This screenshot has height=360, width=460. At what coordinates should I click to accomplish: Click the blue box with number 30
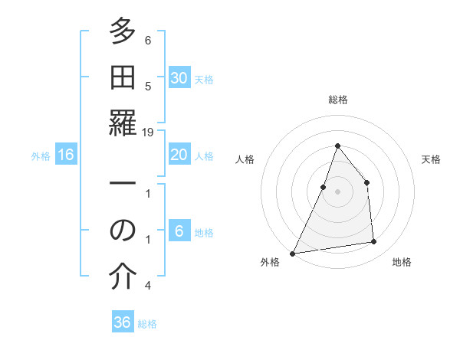[179, 78]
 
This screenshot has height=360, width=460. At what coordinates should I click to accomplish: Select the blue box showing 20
[179, 155]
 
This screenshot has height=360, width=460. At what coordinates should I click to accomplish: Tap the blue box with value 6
[179, 231]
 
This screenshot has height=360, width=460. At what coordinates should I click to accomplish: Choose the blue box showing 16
[66, 155]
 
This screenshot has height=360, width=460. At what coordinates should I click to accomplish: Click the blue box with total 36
[123, 322]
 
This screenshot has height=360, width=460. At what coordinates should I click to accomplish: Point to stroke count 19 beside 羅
[148, 132]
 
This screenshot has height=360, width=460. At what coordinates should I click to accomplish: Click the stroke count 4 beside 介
[148, 285]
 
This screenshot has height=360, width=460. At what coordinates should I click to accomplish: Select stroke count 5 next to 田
[148, 86]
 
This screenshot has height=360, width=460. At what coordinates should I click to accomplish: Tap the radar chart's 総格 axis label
[337, 100]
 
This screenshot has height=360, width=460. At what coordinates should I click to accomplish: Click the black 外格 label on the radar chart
[270, 262]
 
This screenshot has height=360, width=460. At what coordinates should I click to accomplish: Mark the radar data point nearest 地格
[374, 242]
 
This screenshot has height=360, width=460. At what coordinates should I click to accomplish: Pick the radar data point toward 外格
[292, 254]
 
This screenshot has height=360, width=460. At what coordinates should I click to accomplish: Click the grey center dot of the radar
[337, 191]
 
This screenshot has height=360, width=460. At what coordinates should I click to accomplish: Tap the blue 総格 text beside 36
[147, 324]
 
